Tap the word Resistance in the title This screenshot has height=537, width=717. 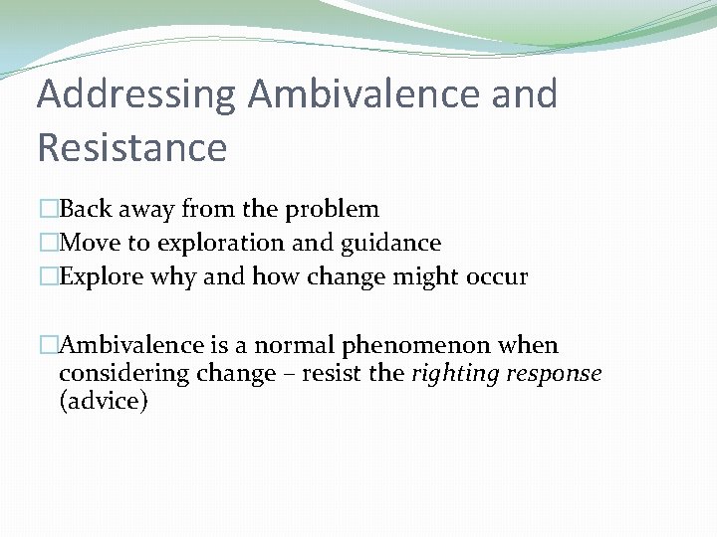[131, 147]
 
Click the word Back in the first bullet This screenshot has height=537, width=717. [88, 210]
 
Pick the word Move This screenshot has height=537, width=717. [91, 243]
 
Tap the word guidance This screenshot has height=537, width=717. [396, 244]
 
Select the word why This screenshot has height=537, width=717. [174, 277]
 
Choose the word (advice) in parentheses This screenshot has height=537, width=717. [104, 401]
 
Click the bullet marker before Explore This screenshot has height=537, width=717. [48, 277]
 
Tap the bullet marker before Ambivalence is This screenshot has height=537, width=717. [48, 346]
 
